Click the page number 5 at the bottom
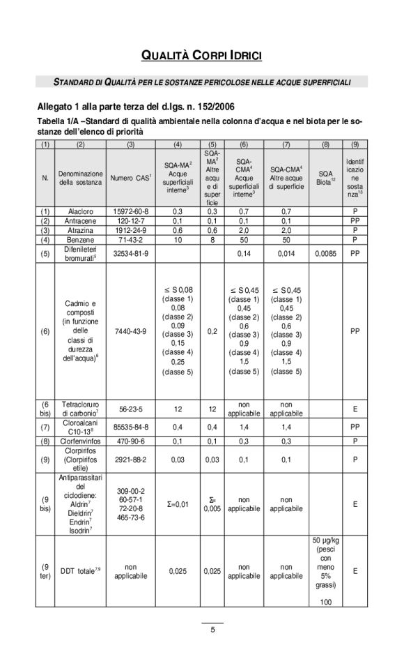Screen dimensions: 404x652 212,630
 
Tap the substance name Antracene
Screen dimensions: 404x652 81,220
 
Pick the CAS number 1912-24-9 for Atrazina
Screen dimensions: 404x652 130,229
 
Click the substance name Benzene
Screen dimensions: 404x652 81,239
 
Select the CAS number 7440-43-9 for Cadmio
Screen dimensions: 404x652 130,331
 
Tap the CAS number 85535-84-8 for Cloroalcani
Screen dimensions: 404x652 130,427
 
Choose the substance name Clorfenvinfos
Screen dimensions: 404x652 81,441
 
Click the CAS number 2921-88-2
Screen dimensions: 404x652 130,460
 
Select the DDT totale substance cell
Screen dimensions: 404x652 81,571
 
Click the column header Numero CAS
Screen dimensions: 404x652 130,178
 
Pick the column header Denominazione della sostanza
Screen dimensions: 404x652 81,178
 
